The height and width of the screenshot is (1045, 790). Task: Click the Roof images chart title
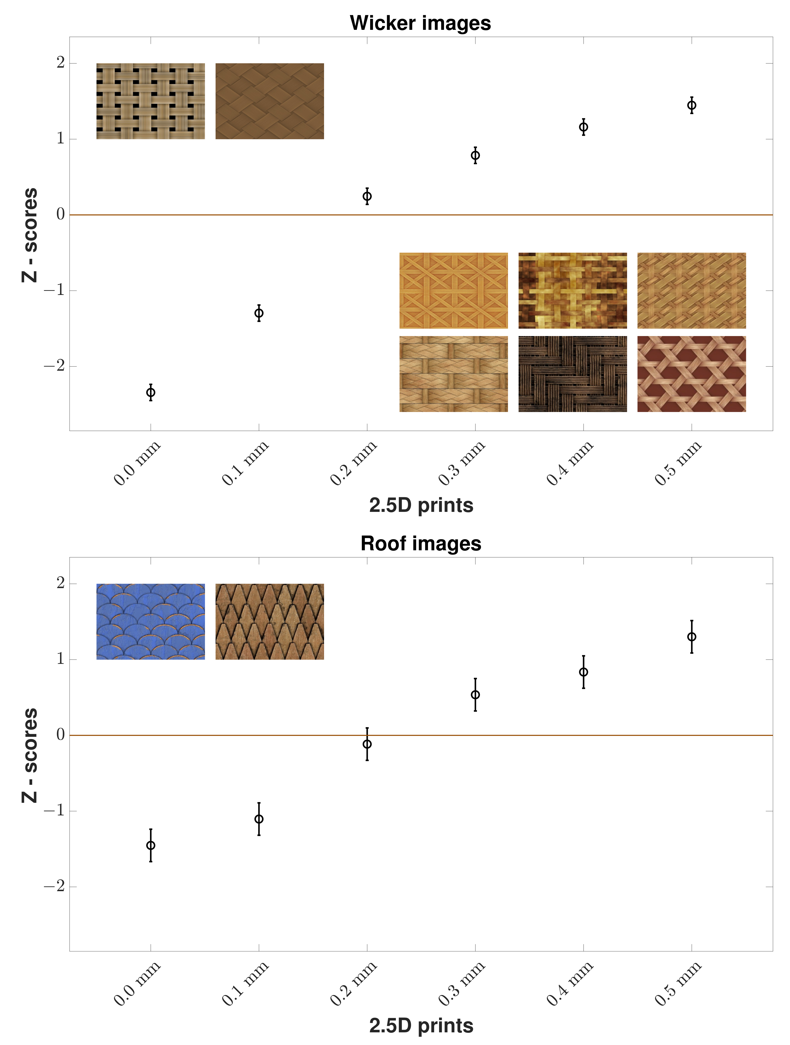[421, 543]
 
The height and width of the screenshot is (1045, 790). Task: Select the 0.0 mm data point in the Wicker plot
[151, 392]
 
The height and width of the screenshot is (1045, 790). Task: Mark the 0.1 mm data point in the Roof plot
[259, 819]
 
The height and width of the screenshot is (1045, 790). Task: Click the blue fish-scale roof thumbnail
[151, 621]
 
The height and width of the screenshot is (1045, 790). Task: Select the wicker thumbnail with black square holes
[151, 101]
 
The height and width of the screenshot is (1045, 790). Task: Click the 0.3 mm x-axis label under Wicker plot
[462, 463]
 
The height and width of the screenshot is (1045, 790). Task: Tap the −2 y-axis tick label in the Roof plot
[54, 886]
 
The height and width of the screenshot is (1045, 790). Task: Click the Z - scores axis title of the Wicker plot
[29, 235]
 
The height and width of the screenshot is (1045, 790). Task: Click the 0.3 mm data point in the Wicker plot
[475, 155]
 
